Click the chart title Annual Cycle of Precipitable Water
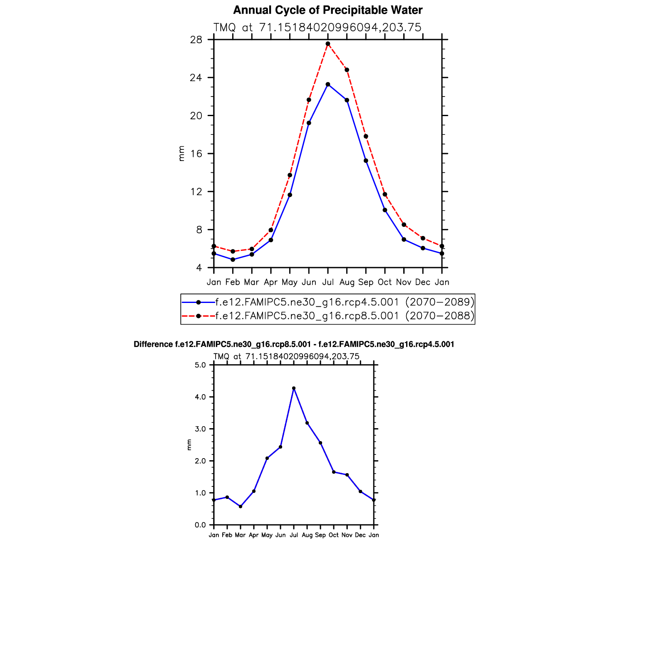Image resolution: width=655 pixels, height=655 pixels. pos(327,10)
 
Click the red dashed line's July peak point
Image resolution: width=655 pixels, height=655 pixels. pos(328,44)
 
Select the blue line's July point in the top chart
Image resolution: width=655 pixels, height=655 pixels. pos(328,84)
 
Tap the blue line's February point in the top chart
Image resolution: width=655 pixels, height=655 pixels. pos(233,260)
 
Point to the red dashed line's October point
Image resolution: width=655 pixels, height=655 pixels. pos(385,194)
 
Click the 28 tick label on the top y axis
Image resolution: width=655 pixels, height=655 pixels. pos(196,40)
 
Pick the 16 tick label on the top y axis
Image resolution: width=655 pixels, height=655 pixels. pos(196,154)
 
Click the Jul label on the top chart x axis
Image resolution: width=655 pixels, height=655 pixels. pos(328,282)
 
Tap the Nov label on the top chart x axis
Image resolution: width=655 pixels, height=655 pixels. pos(404,282)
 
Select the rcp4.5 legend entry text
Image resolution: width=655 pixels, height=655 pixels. pos(345,302)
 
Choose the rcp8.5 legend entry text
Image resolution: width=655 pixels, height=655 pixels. pos(345,316)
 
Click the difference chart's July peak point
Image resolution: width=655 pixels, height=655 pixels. pos(294,388)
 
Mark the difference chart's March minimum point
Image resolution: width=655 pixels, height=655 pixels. pos(241,506)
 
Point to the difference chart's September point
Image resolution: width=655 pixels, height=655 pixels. pos(320,443)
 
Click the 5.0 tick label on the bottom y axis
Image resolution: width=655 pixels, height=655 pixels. pos(201,365)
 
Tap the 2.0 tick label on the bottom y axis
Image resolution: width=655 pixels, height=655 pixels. pos(201,461)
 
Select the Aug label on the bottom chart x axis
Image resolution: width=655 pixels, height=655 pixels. pos(307,535)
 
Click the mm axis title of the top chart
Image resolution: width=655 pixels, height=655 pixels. pos(181,154)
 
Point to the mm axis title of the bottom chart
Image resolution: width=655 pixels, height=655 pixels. pos(189,445)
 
